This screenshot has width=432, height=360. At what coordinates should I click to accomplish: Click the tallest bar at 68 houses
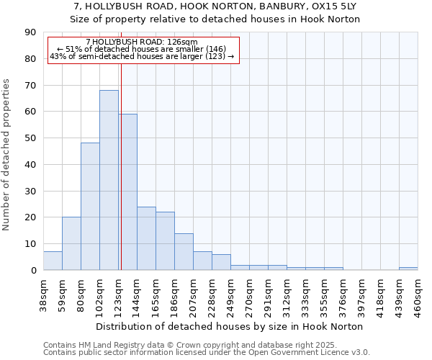tap(109, 180)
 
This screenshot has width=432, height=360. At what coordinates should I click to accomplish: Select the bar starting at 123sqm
tap(128, 192)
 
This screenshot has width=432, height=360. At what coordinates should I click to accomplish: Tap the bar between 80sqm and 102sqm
tap(90, 206)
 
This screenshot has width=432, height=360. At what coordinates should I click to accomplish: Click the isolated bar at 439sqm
tap(408, 269)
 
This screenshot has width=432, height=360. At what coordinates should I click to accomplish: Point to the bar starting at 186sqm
tap(184, 251)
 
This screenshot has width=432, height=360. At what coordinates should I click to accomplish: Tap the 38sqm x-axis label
tap(43, 294)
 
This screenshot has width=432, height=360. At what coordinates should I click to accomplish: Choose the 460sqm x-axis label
tap(418, 294)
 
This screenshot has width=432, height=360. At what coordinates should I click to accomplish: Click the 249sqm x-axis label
tap(230, 294)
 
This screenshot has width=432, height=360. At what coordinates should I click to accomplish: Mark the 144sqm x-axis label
tap(137, 294)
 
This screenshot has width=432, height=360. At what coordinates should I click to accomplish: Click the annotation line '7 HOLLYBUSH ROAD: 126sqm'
tap(141, 42)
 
